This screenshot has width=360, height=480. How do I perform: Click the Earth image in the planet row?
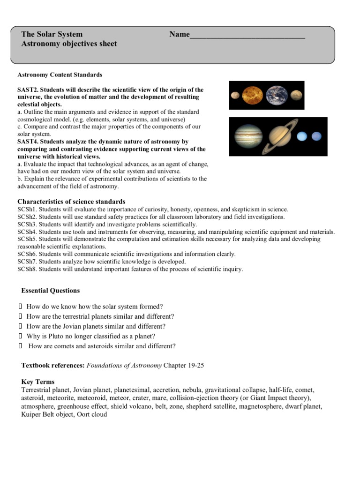[x=275, y=95]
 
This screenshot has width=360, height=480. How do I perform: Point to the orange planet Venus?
[x=253, y=95]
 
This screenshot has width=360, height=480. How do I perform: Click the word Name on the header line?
[x=180, y=34]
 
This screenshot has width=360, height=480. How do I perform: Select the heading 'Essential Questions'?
[x=51, y=291]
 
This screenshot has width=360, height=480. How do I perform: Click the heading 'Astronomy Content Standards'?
[x=60, y=75]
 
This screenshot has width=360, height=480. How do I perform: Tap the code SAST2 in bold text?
[x=28, y=90]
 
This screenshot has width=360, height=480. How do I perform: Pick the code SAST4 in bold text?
[x=28, y=142]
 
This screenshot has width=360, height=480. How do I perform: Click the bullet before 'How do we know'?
[x=20, y=307]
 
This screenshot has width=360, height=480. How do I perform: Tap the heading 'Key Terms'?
[x=38, y=382]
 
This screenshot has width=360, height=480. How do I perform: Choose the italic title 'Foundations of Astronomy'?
[x=124, y=366]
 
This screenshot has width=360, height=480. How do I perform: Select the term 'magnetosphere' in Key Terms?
[x=261, y=406]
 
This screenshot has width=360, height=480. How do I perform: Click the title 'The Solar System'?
[x=52, y=34]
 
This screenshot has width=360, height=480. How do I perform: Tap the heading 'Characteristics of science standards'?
[x=71, y=202]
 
